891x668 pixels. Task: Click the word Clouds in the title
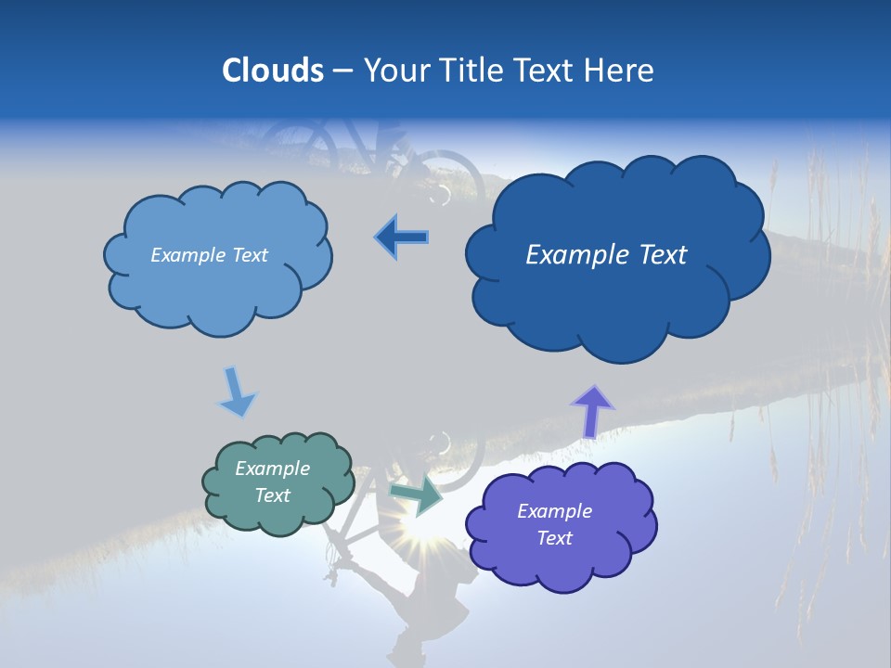tap(273, 71)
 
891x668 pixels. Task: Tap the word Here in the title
tap(620, 71)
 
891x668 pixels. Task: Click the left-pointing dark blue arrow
tap(402, 238)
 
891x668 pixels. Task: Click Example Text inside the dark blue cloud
tap(606, 255)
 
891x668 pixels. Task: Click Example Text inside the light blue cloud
tap(209, 255)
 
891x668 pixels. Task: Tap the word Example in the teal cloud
tap(272, 469)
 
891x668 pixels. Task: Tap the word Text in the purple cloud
tap(554, 538)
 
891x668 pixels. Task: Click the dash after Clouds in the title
tap(342, 71)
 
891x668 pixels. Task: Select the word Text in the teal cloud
tap(272, 495)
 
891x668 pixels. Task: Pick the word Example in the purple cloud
tap(554, 511)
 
